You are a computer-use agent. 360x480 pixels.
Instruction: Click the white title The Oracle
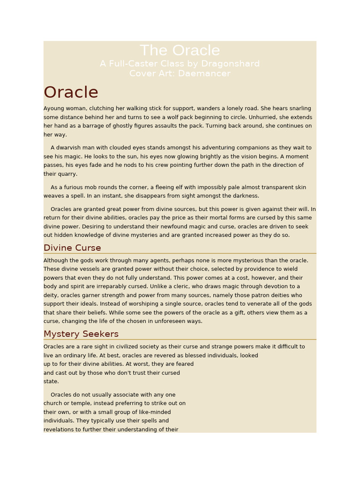[180, 51]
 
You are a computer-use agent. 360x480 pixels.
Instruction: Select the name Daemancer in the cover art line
[209, 74]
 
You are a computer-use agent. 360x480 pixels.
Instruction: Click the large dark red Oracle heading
[71, 92]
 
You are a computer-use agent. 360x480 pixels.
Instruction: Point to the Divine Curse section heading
[72, 247]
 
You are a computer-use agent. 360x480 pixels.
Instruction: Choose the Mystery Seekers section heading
[81, 334]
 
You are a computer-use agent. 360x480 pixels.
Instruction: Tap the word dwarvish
[70, 148]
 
